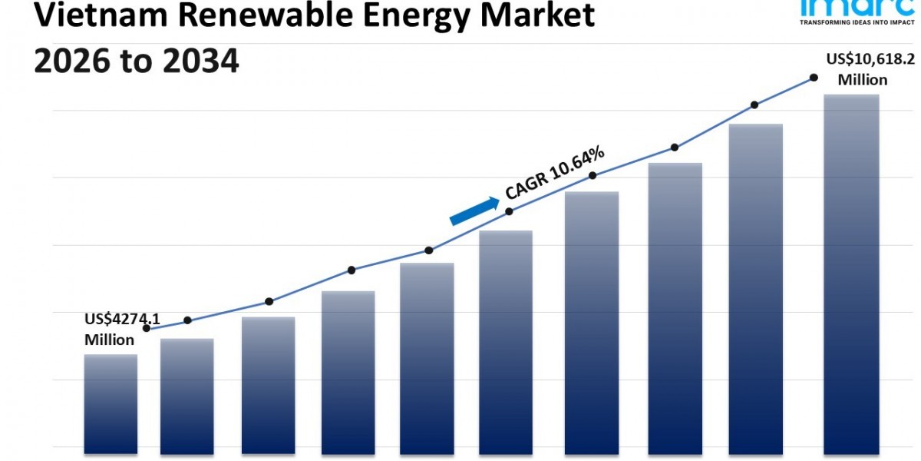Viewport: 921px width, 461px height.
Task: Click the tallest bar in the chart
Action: (850, 273)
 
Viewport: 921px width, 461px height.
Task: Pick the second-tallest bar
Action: (755, 288)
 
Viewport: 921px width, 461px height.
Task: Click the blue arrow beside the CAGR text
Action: (474, 211)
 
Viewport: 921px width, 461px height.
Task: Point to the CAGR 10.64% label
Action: (555, 174)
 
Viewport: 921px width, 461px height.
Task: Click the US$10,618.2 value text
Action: (870, 59)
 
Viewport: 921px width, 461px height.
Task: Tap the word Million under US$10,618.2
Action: (863, 80)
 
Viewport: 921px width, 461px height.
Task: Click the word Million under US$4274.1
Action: (109, 340)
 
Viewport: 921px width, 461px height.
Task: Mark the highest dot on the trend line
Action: (814, 78)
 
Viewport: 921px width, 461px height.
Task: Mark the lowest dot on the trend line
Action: (146, 329)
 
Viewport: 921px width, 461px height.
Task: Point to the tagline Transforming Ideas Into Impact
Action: (853, 23)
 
